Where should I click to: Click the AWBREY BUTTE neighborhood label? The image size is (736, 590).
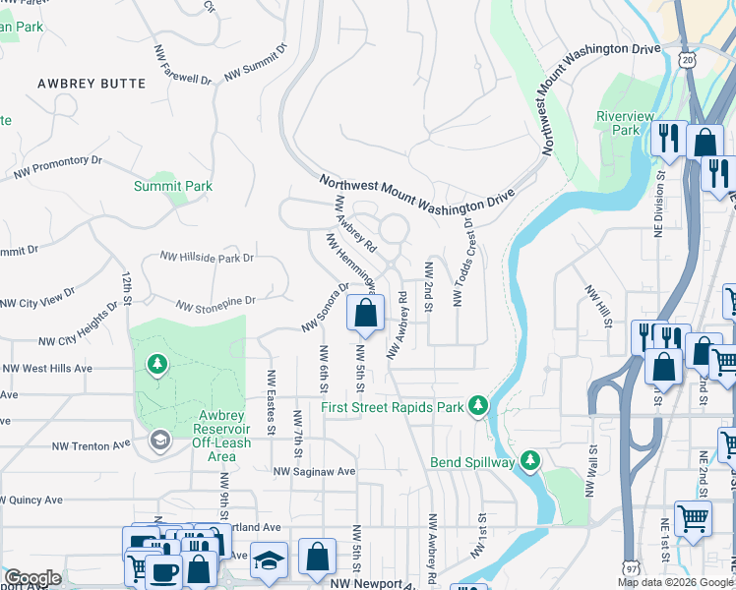(92, 84)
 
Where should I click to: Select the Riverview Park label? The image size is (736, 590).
(625, 123)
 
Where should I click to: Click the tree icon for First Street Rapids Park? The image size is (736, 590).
(478, 405)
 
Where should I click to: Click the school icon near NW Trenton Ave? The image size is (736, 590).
(158, 441)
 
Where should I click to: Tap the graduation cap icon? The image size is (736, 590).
(269, 560)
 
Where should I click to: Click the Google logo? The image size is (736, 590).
(32, 578)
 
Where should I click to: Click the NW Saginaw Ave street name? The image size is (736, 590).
(315, 471)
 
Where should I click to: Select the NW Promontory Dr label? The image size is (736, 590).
(58, 167)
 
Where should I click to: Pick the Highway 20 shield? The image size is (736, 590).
(687, 61)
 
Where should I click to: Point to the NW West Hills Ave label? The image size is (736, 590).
(47, 369)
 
